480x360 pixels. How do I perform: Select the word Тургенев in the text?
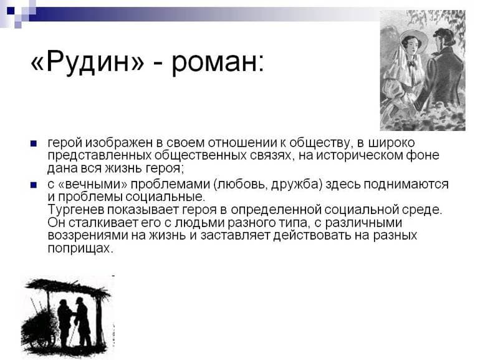[x=74, y=210]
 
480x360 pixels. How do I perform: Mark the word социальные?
[x=163, y=197]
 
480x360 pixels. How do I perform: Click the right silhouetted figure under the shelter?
[x=83, y=321]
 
